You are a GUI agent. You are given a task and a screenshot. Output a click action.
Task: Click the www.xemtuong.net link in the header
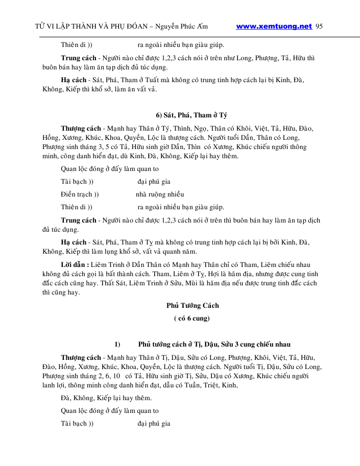(x=274, y=27)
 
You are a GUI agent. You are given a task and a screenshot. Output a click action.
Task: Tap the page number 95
(x=319, y=27)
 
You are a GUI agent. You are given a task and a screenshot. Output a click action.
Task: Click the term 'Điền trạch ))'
(x=80, y=194)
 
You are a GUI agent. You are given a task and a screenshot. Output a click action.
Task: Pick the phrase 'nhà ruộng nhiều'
(x=160, y=194)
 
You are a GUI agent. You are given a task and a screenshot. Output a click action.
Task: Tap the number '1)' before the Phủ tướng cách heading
(x=117, y=344)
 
